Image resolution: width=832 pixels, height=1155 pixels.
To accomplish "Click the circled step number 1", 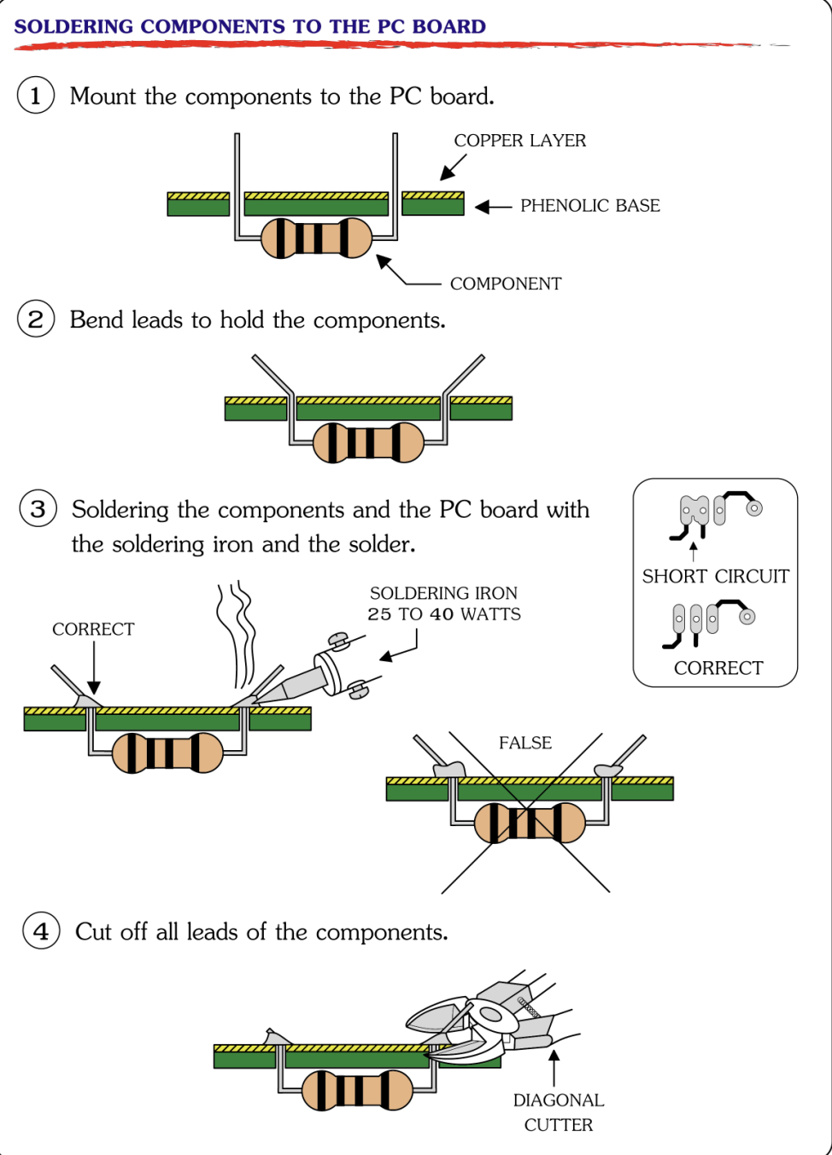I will pyautogui.click(x=36, y=95).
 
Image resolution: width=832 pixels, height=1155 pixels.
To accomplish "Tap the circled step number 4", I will pyautogui.click(x=41, y=930).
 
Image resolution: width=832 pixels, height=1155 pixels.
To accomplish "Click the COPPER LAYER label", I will pyautogui.click(x=519, y=140).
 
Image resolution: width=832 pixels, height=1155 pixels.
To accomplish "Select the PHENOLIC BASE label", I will pyautogui.click(x=589, y=206).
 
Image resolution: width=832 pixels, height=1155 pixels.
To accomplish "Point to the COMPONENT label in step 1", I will pyautogui.click(x=506, y=284).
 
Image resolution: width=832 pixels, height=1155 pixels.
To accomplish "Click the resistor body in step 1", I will pyautogui.click(x=316, y=237).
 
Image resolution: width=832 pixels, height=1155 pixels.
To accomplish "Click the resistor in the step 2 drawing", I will pyautogui.click(x=368, y=443).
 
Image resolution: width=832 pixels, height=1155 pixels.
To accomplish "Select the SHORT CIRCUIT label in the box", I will pyautogui.click(x=715, y=577).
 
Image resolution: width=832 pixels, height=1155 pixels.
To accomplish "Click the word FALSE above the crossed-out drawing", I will pyautogui.click(x=524, y=743).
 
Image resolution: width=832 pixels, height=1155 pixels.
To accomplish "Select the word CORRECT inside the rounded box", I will pyautogui.click(x=718, y=668).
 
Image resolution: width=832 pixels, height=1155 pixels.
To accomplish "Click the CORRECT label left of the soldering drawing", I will pyautogui.click(x=93, y=630).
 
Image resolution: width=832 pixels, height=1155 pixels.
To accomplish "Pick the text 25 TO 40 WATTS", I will pyautogui.click(x=443, y=614).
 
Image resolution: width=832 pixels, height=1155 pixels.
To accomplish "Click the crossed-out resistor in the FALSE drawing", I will pyautogui.click(x=530, y=823).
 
